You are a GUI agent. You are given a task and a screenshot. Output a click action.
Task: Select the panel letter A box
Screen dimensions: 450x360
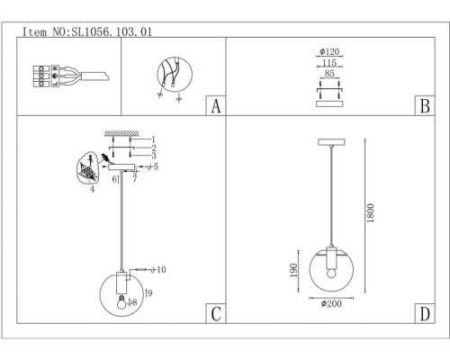tap(216, 105)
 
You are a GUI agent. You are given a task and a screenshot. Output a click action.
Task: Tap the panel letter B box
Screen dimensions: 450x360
tap(425, 105)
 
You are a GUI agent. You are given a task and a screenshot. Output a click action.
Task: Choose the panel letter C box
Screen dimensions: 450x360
tap(216, 313)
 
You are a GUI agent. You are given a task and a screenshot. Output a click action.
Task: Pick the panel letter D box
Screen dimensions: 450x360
tap(425, 313)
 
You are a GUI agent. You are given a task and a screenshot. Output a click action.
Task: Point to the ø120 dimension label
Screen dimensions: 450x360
tap(329, 51)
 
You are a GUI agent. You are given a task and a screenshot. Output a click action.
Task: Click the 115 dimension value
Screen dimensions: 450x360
tap(329, 63)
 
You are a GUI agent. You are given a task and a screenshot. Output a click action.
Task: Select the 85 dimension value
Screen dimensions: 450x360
tap(329, 73)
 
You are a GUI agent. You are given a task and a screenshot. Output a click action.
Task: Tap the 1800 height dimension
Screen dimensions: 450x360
tap(371, 213)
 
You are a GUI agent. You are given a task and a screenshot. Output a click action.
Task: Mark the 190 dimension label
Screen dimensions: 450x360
tap(294, 270)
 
